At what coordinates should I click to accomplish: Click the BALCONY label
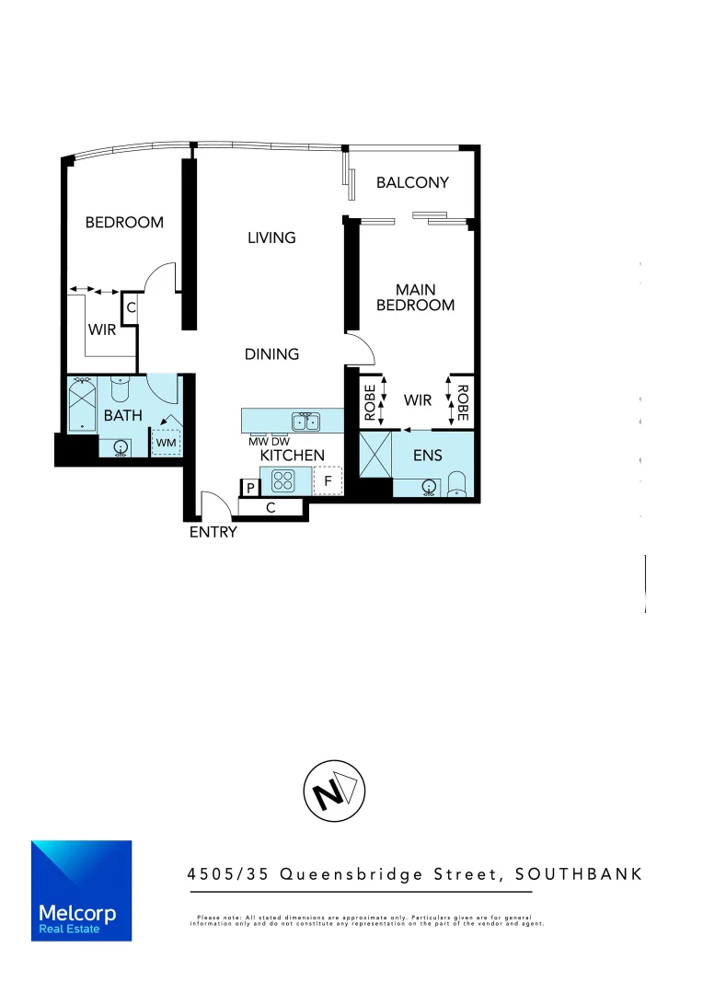coord(412,182)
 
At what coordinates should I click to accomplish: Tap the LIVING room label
coord(271,237)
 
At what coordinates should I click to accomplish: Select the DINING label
coord(271,353)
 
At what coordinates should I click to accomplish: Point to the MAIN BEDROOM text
coord(415,297)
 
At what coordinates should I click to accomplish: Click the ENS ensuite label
coord(428,455)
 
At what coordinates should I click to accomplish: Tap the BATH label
coord(122,415)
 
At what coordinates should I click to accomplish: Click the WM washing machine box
coord(166,443)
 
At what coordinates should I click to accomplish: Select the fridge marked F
coord(327,480)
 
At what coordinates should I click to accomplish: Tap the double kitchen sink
coord(305,422)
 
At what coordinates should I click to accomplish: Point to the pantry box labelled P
coord(249,488)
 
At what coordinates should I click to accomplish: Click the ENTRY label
coord(213,532)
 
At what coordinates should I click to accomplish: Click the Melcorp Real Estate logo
coord(81,890)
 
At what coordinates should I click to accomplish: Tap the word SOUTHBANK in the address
coord(579,873)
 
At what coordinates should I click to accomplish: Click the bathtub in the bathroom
coord(83,404)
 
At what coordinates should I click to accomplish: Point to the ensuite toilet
coord(457,484)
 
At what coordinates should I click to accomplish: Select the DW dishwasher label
coord(280,442)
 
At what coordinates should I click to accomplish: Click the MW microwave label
coord(259,442)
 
